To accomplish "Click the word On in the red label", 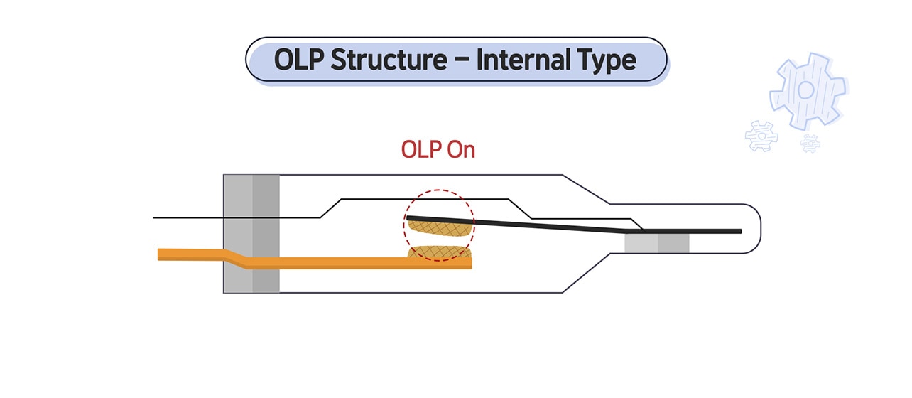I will [460, 149].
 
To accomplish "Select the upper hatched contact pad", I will [437, 225].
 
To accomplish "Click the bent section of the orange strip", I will [234, 259].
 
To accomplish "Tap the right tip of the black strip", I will [739, 231].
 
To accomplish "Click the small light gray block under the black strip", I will [641, 243].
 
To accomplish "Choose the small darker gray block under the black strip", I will [673, 243].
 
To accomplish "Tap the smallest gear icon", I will [810, 144].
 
